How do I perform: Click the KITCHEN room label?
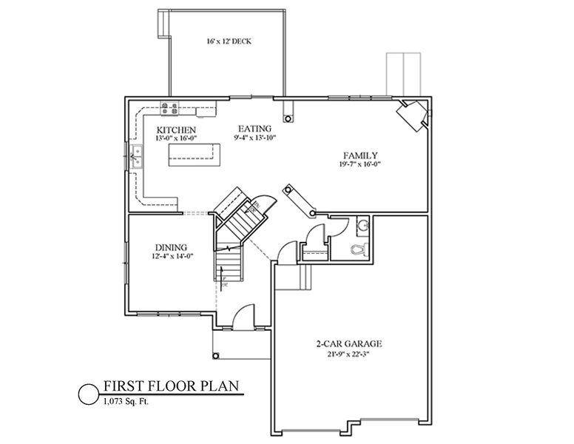(x=176, y=130)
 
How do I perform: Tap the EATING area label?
(x=254, y=129)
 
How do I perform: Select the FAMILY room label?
(x=360, y=155)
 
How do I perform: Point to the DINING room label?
(x=171, y=248)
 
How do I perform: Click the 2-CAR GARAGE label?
(x=349, y=343)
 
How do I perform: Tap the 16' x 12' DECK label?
(x=229, y=41)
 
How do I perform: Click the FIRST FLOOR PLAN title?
(x=172, y=386)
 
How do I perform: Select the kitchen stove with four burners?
(x=170, y=109)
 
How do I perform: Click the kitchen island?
(x=194, y=155)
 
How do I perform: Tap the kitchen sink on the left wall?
(x=137, y=157)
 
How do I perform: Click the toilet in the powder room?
(x=358, y=249)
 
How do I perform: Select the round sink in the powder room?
(x=362, y=224)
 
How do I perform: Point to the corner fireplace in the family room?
(x=413, y=115)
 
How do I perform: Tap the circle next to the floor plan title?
(x=89, y=394)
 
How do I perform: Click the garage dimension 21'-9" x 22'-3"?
(x=349, y=354)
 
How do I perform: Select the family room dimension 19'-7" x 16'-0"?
(x=360, y=164)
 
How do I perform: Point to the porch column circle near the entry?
(x=215, y=356)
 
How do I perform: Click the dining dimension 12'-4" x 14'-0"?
(x=172, y=257)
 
